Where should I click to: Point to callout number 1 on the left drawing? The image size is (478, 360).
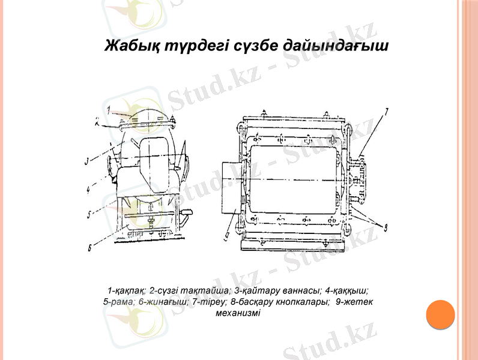(110, 110)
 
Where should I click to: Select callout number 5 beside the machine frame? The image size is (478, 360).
(88, 214)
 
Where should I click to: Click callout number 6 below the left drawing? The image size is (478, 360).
(89, 247)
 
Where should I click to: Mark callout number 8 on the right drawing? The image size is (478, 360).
(385, 227)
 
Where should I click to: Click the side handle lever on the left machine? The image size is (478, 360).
(189, 213)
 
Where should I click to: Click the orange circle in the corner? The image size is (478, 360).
(440, 315)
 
